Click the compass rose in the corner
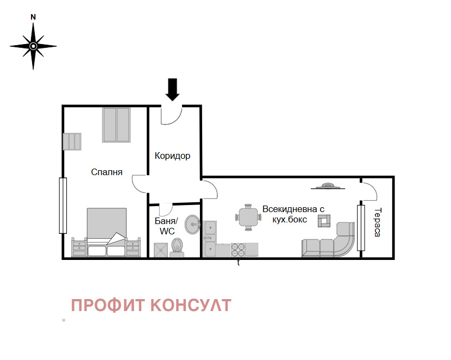pyautogui.click(x=33, y=46)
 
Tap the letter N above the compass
pyautogui.click(x=33, y=17)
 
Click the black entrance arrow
pyautogui.click(x=172, y=89)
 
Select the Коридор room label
pyautogui.click(x=172, y=156)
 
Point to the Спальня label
pyautogui.click(x=107, y=172)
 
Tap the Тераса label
pyautogui.click(x=378, y=222)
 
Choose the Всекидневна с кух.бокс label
pyautogui.click(x=293, y=214)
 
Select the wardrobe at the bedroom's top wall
pyautogui.click(x=117, y=125)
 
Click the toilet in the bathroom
pyautogui.click(x=177, y=246)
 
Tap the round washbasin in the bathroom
pyautogui.click(x=192, y=224)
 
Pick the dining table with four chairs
pyautogui.click(x=248, y=217)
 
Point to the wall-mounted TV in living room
pyautogui.click(x=328, y=187)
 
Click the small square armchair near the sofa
pyautogui.click(x=324, y=220)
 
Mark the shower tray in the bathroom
pyautogui.click(x=161, y=249)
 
